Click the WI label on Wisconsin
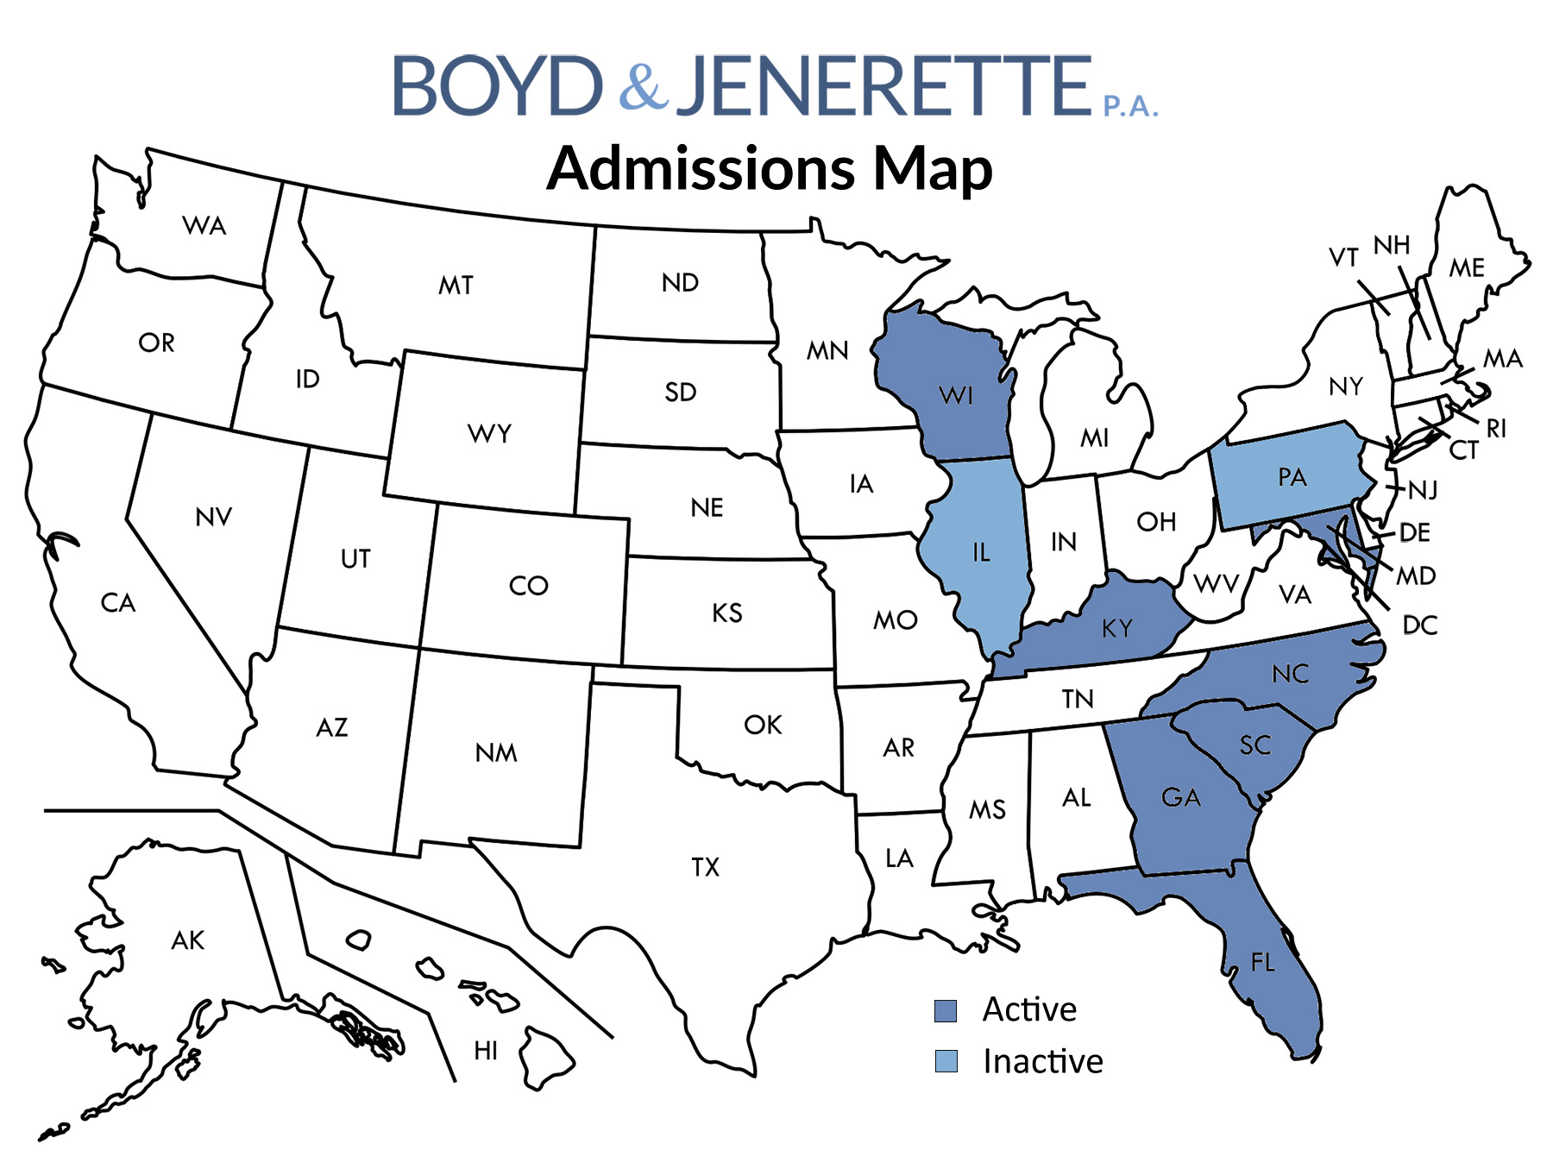coord(956,396)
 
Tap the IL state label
coord(981,552)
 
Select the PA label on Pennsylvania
coord(1292,477)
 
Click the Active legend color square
coord(946,1010)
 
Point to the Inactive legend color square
coord(946,1061)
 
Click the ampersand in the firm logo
coord(643,85)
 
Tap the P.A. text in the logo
coord(1130,106)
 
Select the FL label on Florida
coord(1262,962)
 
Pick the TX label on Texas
coord(705,867)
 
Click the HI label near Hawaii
coord(486,1051)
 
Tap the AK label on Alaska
coord(188,940)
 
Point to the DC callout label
coord(1419,625)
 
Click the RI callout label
coord(1496,428)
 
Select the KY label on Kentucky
coord(1116,629)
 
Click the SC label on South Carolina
coord(1255,745)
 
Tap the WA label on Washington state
coord(204,226)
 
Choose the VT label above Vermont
coord(1343,257)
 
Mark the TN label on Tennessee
coord(1078,699)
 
